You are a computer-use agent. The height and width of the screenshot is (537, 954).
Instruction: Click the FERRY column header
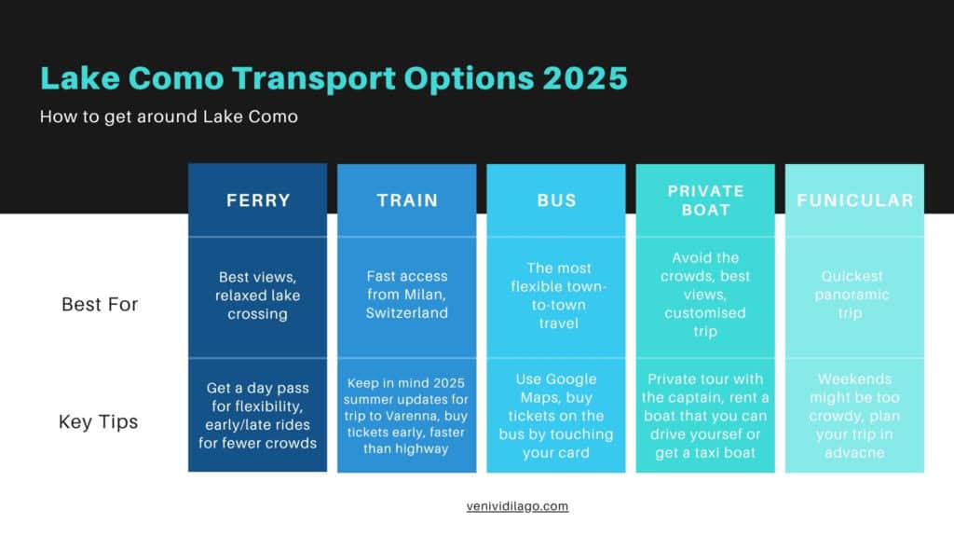(258, 200)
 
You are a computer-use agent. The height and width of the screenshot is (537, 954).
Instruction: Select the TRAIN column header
(407, 200)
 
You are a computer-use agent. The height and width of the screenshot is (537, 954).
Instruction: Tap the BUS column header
(556, 200)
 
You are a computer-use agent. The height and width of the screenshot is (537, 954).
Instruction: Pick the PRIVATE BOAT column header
(706, 200)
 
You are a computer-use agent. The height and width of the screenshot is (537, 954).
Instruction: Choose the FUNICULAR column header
(855, 200)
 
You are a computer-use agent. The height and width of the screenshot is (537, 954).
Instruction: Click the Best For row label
(100, 304)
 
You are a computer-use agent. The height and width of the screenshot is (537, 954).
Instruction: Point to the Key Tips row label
(98, 421)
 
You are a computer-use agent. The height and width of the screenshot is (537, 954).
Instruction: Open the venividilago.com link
(517, 506)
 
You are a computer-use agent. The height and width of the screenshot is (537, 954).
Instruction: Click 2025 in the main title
(585, 78)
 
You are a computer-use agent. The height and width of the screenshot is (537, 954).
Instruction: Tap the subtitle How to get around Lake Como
(169, 117)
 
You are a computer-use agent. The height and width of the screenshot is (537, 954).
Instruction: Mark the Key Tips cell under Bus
(556, 416)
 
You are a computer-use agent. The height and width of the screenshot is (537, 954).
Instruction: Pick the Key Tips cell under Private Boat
(705, 416)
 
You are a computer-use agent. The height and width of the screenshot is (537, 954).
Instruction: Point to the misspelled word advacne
(854, 452)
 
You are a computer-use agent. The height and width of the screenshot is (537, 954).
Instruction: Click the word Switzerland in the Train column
(407, 313)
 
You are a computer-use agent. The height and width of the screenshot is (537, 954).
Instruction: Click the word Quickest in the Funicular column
(852, 276)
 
